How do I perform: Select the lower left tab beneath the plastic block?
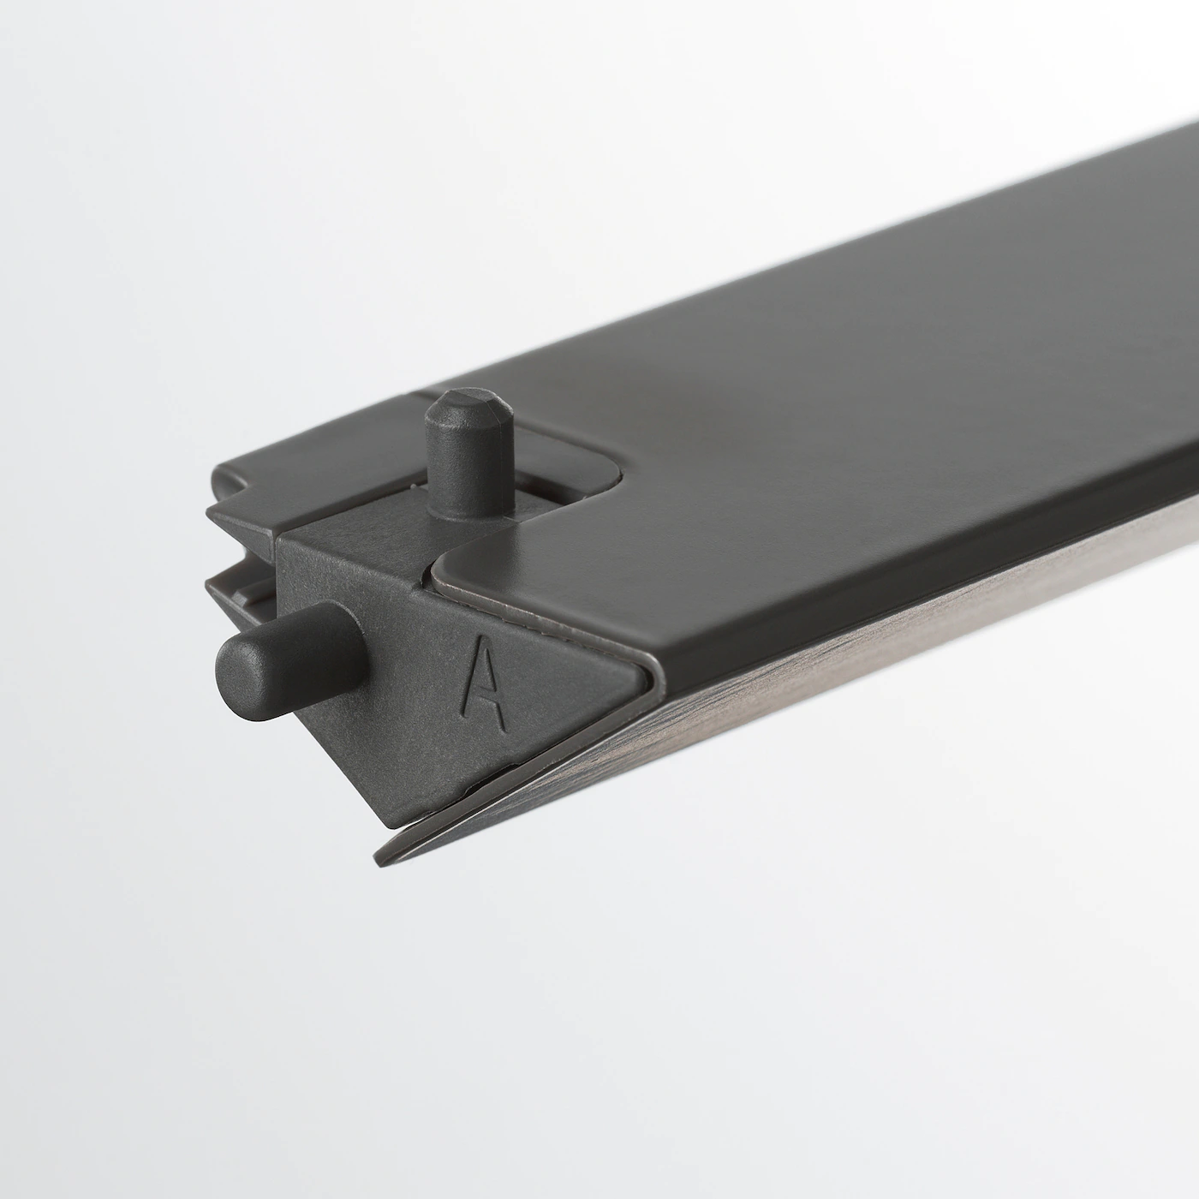point(236,591)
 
